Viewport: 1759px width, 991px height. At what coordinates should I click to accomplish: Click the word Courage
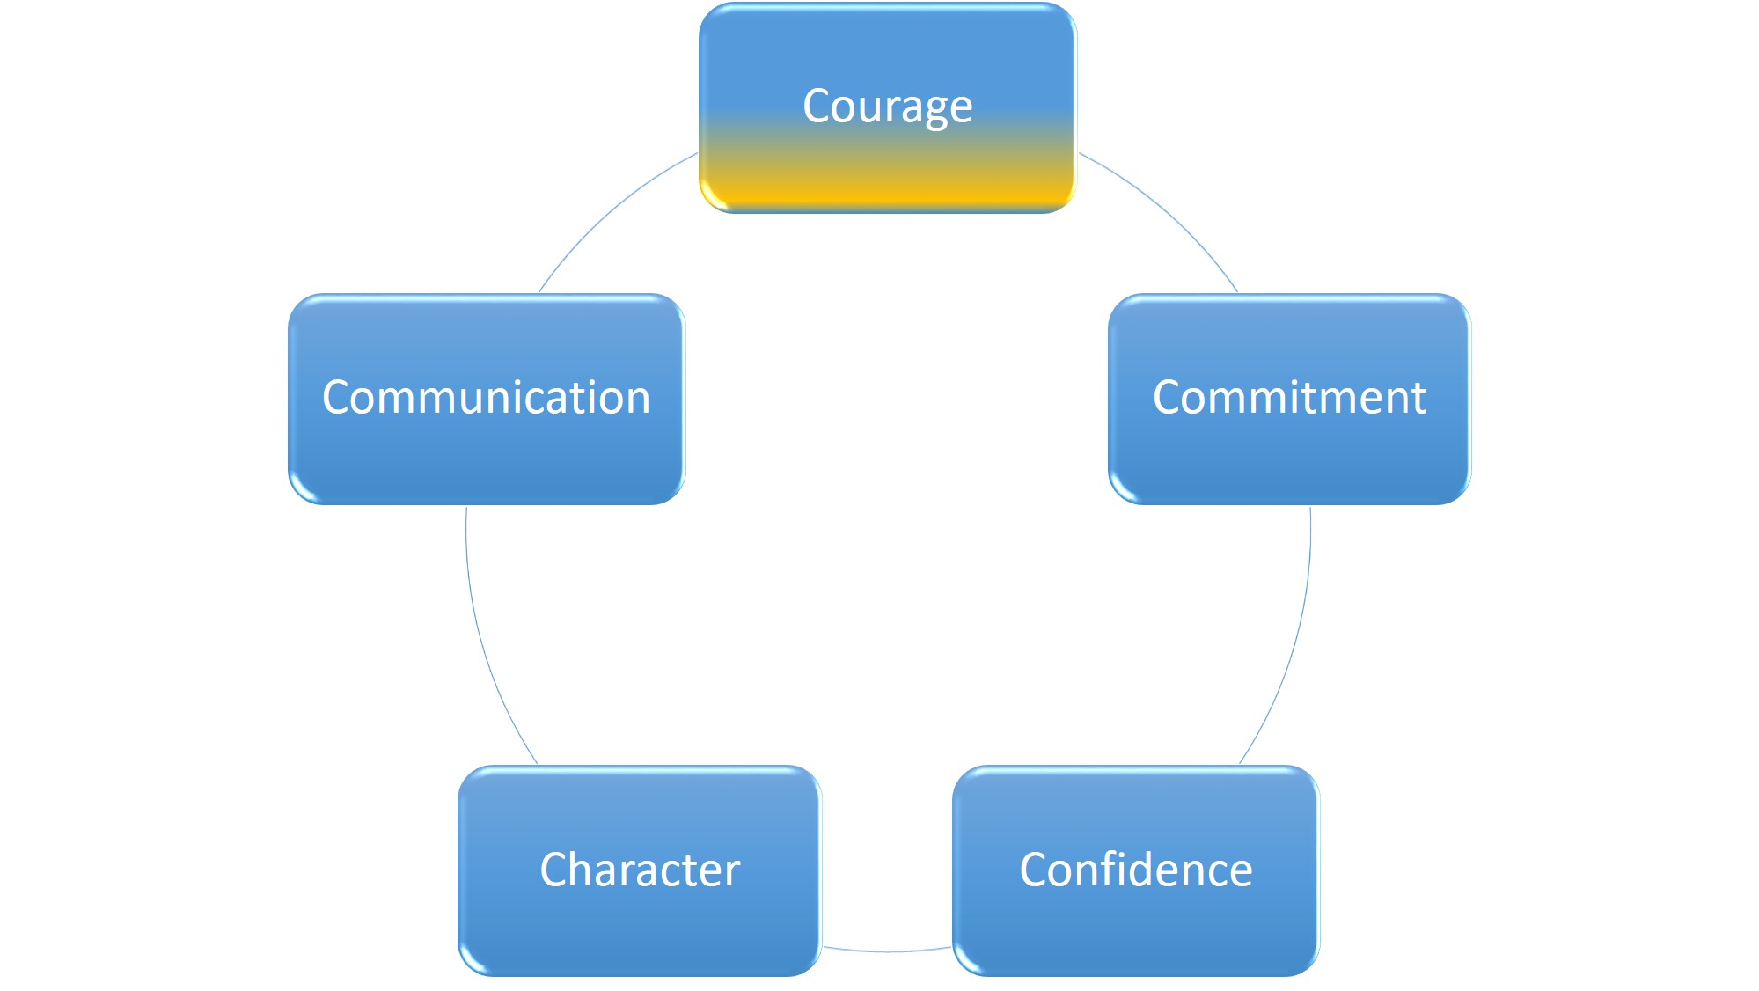887,106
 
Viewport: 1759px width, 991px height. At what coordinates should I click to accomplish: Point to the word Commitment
1289,398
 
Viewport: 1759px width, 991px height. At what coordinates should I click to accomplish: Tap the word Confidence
1135,870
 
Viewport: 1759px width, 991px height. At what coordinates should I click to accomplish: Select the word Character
640,870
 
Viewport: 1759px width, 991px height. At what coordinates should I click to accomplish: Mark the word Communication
486,398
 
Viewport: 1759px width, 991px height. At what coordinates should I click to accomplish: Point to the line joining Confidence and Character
887,951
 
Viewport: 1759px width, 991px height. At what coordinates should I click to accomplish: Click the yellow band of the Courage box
887,189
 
